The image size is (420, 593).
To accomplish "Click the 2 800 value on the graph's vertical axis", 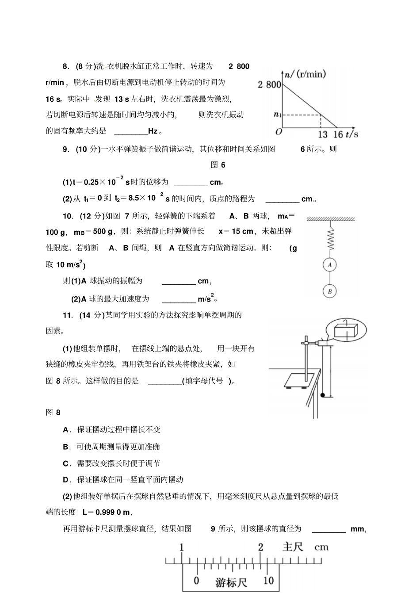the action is (x=269, y=84).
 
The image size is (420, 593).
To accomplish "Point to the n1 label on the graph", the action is (x=277, y=115).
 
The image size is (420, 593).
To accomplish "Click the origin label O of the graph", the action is (x=278, y=132).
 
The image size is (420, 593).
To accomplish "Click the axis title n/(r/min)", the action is (x=305, y=74).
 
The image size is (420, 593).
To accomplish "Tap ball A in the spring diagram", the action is (x=329, y=265).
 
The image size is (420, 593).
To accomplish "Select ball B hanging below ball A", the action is (x=329, y=291).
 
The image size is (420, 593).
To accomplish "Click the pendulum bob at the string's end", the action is (x=323, y=394).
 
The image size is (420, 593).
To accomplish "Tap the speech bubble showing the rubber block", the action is (x=346, y=329).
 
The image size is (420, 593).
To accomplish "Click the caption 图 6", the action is (x=218, y=165).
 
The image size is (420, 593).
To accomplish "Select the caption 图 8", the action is (x=53, y=413).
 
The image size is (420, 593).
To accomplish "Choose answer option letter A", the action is (x=66, y=429).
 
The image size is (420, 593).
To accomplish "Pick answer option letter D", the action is (x=66, y=479).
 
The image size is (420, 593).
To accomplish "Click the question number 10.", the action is (x=68, y=216).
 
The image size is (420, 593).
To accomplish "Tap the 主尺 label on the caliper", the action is (x=293, y=547).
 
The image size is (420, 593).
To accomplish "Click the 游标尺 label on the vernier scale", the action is (x=231, y=582).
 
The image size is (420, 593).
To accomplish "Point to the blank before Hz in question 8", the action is (x=131, y=131).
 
